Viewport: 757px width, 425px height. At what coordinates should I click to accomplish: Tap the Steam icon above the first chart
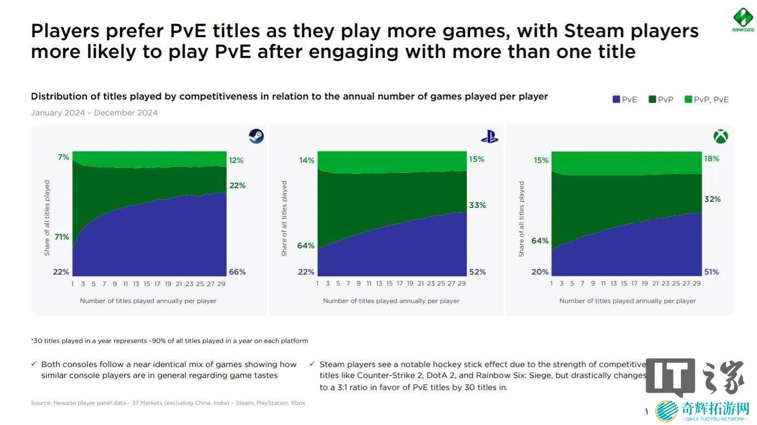[x=256, y=136]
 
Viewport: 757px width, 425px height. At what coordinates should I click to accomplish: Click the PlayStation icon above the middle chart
[x=490, y=137]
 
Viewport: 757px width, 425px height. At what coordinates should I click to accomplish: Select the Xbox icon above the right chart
[x=720, y=136]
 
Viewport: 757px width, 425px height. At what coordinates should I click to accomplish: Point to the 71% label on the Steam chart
[x=61, y=237]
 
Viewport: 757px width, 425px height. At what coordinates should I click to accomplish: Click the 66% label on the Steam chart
[x=237, y=272]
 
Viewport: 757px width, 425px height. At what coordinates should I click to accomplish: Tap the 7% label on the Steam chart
[x=63, y=157]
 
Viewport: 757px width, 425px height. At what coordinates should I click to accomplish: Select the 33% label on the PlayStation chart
[x=477, y=205]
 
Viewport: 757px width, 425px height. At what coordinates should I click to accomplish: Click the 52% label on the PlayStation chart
[x=477, y=272]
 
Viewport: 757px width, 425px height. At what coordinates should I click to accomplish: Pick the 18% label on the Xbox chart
[x=712, y=159]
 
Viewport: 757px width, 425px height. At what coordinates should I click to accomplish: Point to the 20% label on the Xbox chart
[x=540, y=272]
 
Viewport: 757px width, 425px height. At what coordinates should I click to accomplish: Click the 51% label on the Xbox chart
[x=712, y=272]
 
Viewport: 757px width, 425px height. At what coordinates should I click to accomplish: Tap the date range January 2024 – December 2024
[x=94, y=113]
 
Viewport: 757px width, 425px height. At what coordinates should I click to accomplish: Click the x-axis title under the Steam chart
[x=148, y=301]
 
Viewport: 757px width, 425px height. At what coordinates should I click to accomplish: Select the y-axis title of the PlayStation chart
[x=284, y=218]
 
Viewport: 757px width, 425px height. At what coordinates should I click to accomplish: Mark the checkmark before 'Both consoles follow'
[x=35, y=364]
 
